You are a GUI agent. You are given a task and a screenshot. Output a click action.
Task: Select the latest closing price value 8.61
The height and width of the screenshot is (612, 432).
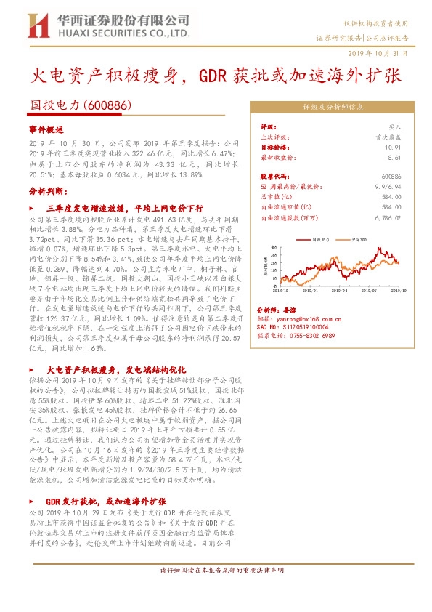(394, 156)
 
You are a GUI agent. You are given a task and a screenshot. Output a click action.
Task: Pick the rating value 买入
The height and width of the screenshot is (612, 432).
(394, 126)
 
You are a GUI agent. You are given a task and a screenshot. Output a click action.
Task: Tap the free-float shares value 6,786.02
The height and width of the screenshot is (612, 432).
(386, 217)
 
